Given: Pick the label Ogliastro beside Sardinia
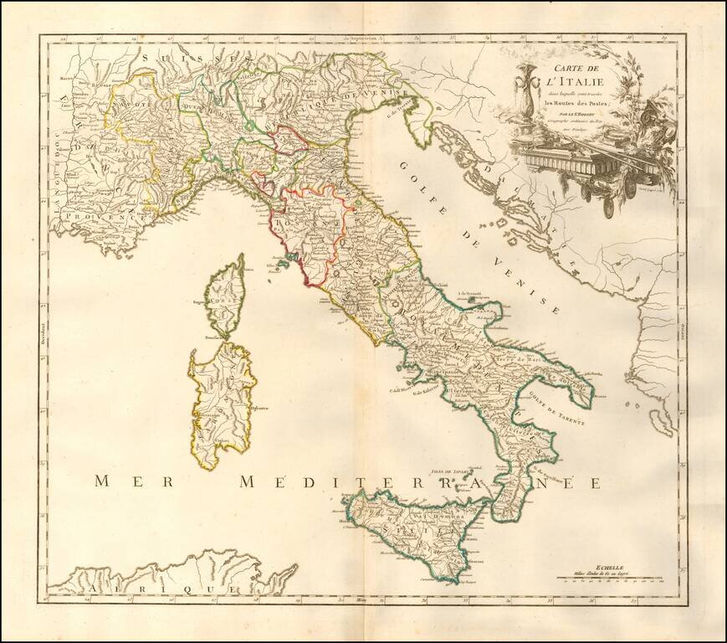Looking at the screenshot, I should pyautogui.click(x=260, y=409).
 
